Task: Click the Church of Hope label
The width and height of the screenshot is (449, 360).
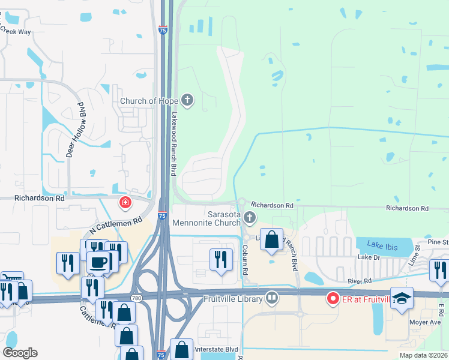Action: pos(149,101)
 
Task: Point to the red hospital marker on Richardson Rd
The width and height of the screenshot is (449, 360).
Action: pos(125,203)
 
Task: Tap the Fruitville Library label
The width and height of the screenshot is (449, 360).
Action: pos(233,299)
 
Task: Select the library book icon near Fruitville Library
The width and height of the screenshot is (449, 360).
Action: pos(273,298)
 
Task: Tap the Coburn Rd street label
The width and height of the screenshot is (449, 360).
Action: pos(246,260)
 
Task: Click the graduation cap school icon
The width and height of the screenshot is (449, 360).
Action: pos(402,298)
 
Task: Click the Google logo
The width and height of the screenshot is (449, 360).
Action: pos(20,353)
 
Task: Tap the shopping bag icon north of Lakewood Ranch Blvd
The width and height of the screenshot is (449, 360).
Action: pos(272,239)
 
